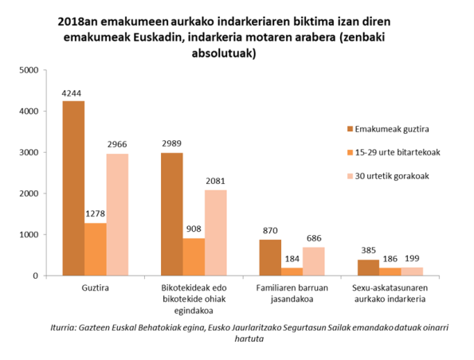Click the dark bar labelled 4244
tap(73, 188)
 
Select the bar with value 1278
tap(95, 249)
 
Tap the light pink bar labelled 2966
tap(116, 214)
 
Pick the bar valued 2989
tap(171, 213)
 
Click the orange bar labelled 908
tap(194, 256)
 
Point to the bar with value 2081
tap(215, 233)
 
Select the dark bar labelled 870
tap(270, 257)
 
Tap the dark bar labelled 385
tap(368, 268)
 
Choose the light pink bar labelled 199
tap(412, 272)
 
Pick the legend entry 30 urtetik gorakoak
tap(393, 175)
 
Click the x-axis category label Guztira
tap(95, 288)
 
